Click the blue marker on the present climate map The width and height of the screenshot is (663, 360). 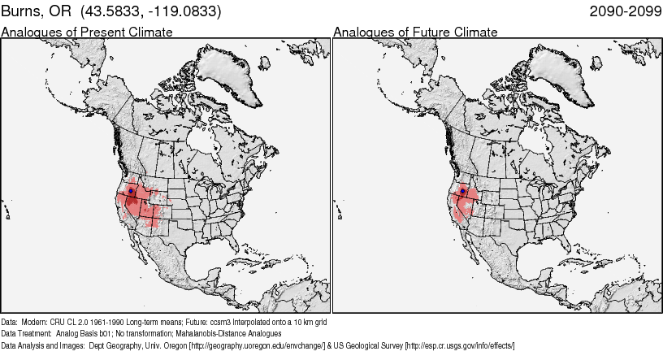pyautogui.click(x=131, y=191)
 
